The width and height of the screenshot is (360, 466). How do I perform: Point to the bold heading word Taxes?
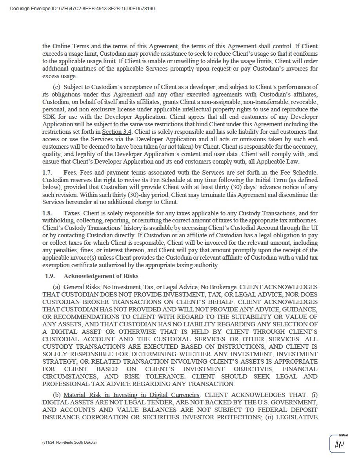point(72,213)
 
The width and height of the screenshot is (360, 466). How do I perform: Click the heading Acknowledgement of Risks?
point(101,276)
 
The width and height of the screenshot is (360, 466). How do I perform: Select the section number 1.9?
point(50,276)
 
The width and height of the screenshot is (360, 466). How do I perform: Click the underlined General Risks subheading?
point(150,287)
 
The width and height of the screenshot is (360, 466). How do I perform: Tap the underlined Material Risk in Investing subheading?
point(132,395)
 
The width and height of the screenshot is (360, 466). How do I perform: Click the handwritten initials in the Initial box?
point(339,444)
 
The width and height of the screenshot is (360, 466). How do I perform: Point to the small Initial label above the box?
point(343,435)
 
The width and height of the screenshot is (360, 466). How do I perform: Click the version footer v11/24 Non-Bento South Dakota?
point(69,442)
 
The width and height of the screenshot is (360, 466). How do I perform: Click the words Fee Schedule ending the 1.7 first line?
point(299,172)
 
